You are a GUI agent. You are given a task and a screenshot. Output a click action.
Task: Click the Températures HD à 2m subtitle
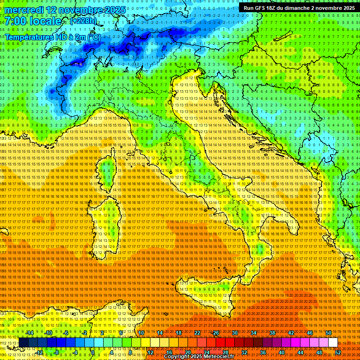(x=52, y=37)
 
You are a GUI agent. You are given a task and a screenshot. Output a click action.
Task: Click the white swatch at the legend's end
(x=333, y=343)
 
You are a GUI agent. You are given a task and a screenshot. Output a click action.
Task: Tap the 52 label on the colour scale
(x=337, y=352)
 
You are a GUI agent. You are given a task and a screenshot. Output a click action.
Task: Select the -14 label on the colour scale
(x=30, y=333)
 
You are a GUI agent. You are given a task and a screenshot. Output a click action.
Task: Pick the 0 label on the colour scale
(x=93, y=352)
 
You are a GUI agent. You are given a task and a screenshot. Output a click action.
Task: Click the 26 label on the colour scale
(x=216, y=333)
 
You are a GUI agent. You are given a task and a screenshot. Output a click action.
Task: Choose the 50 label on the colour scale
(x=328, y=333)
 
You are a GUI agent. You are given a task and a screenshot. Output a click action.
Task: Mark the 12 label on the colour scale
(x=150, y=352)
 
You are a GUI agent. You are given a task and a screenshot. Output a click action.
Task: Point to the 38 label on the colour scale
(x=272, y=333)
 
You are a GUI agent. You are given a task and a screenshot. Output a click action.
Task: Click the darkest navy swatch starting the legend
(x=23, y=343)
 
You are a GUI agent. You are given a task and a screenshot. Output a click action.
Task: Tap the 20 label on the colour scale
(x=187, y=352)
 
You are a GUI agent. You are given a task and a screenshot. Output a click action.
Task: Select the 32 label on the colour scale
(x=244, y=352)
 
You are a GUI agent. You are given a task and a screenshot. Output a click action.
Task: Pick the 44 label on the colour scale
(x=300, y=352)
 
